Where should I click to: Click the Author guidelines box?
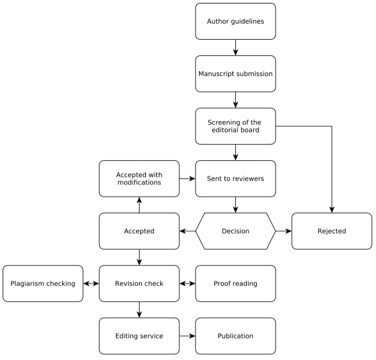click(x=235, y=21)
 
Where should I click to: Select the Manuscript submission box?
click(x=235, y=74)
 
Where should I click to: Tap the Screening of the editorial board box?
click(x=235, y=126)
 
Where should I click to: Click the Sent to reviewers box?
click(x=235, y=179)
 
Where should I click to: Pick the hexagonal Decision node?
click(x=235, y=231)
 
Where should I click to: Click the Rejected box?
click(x=332, y=231)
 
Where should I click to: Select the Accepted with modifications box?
click(x=139, y=179)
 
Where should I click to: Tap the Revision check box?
click(x=139, y=283)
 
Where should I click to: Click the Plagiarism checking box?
click(x=43, y=283)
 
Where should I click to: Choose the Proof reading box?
click(x=235, y=283)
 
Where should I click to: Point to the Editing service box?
click(x=139, y=336)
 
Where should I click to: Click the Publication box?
click(x=235, y=336)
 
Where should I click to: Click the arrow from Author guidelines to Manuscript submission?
click(x=235, y=47)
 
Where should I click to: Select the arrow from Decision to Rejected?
click(x=283, y=231)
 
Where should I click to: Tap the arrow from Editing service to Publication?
click(x=187, y=336)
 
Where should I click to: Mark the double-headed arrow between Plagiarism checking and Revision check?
click(x=91, y=283)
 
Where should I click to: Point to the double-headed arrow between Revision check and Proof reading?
click(x=187, y=283)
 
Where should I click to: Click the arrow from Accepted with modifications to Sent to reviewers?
click(x=187, y=179)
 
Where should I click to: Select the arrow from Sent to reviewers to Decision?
click(x=235, y=204)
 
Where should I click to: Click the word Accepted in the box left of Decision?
click(x=139, y=231)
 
